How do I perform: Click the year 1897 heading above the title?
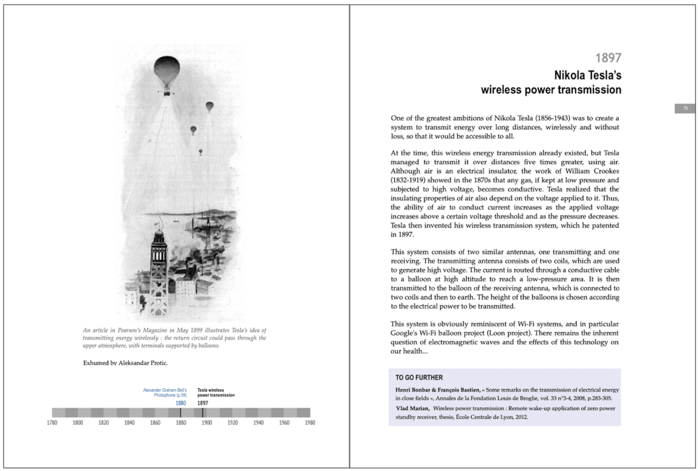pyautogui.click(x=607, y=58)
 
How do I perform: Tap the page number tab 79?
pyautogui.click(x=685, y=108)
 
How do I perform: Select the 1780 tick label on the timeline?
pyautogui.click(x=52, y=423)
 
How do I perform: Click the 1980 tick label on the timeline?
pyautogui.click(x=310, y=423)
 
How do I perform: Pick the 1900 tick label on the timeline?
pyautogui.click(x=207, y=423)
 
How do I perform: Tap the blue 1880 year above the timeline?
pyautogui.click(x=181, y=403)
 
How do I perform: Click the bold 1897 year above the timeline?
pyautogui.click(x=203, y=403)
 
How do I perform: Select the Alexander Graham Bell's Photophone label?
pyautogui.click(x=165, y=392)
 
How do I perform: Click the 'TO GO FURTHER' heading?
pyautogui.click(x=419, y=378)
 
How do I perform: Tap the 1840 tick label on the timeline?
pyautogui.click(x=130, y=423)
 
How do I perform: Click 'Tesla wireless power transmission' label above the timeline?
pyautogui.click(x=216, y=392)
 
